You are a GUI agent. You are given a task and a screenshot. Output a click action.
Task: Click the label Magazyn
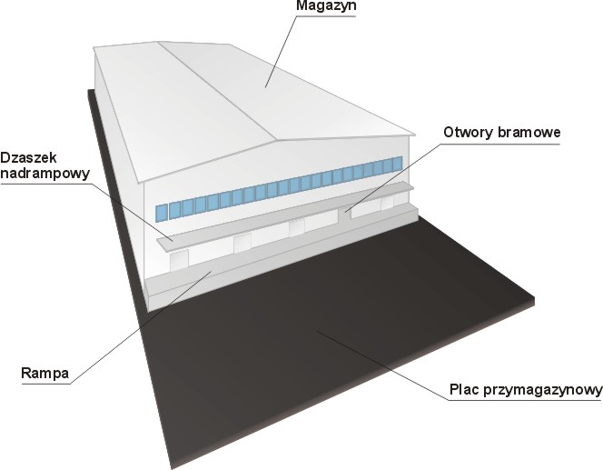pos(326,6)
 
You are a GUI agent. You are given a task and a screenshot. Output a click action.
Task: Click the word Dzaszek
pos(28,157)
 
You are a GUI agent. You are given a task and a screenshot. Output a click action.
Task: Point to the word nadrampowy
pos(45,174)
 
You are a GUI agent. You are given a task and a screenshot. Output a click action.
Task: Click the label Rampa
pos(45,373)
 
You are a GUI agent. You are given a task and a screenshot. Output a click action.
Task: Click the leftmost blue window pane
pos(162,213)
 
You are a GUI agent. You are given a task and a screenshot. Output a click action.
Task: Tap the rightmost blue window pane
pos(398,163)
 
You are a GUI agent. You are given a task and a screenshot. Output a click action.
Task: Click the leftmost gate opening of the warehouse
pos(179,259)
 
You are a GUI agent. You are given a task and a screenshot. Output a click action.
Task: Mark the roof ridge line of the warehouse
pos(218,91)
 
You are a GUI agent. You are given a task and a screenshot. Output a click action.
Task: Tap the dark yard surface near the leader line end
pos(317,330)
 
